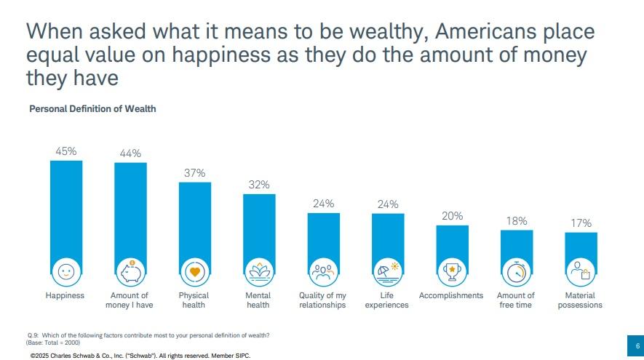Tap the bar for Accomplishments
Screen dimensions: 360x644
[453, 244]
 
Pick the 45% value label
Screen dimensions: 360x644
[66, 151]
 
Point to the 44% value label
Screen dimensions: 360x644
[131, 153]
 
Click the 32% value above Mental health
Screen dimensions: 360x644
[259, 185]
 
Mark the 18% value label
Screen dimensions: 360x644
[517, 221]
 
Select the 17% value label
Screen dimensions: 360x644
[581, 223]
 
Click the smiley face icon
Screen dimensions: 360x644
[66, 271]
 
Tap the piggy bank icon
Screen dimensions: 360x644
[131, 271]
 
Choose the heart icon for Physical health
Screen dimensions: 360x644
[195, 272]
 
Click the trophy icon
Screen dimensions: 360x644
[453, 272]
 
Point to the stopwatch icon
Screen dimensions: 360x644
[517, 272]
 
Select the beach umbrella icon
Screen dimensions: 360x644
[388, 272]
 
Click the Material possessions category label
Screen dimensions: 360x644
[580, 300]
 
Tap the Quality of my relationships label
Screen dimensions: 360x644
[322, 300]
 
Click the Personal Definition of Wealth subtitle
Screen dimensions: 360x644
[92, 109]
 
